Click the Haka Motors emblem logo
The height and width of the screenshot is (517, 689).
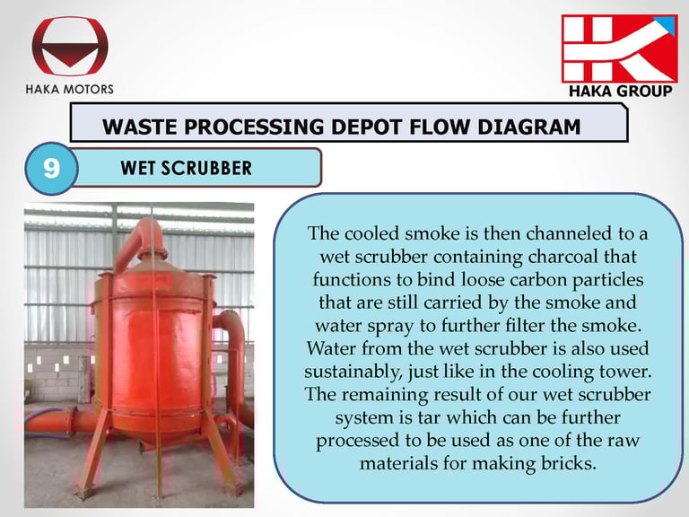(x=70, y=46)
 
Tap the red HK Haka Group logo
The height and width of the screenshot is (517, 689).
(x=620, y=48)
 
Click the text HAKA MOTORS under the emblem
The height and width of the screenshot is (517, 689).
(x=69, y=89)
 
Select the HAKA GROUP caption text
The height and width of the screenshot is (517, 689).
(x=621, y=91)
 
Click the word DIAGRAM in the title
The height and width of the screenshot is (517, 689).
(x=528, y=127)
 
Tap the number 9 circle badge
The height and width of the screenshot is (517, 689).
(x=51, y=169)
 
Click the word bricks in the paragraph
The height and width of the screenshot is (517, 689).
(x=568, y=463)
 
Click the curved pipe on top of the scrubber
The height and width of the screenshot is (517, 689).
(x=140, y=241)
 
